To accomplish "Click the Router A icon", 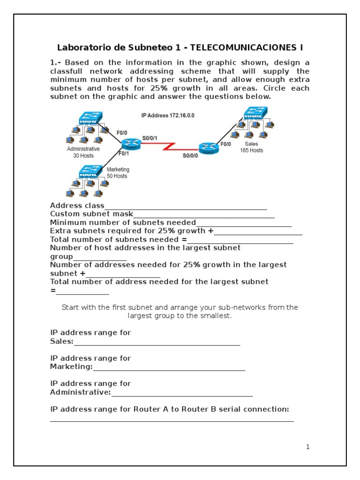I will [x=131, y=144].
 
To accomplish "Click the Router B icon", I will [x=208, y=148].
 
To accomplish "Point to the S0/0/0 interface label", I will [x=190, y=156].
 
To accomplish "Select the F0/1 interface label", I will [x=124, y=153].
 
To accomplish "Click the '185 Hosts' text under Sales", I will [x=252, y=150].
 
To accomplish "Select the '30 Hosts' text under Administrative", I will [x=83, y=155].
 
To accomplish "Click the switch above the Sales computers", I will [x=255, y=112].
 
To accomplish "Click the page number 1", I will [x=307, y=447].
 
